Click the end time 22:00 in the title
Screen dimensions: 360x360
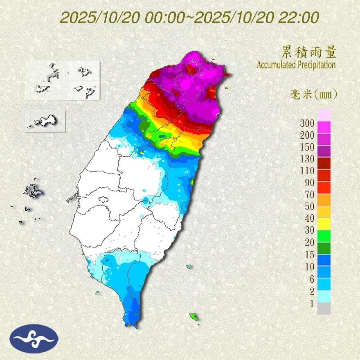(299, 18)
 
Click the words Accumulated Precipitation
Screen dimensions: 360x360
(296, 65)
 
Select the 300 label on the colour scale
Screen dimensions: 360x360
(306, 123)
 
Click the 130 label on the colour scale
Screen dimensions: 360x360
(306, 159)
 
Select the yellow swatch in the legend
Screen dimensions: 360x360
(324, 223)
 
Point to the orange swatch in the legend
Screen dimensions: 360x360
(324, 199)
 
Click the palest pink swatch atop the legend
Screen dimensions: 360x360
(324, 115)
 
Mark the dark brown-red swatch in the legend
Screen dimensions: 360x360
(324, 163)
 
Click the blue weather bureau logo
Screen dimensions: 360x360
(34, 338)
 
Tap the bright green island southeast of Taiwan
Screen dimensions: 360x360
(193, 316)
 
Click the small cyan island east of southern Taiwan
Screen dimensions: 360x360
(189, 267)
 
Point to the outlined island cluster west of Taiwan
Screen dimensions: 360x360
(32, 191)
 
